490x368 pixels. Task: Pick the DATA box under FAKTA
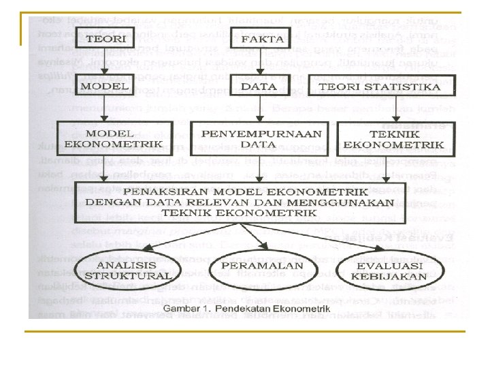pos(259,87)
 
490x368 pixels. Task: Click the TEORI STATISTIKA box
pos(380,87)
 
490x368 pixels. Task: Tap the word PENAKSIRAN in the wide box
pos(165,191)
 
